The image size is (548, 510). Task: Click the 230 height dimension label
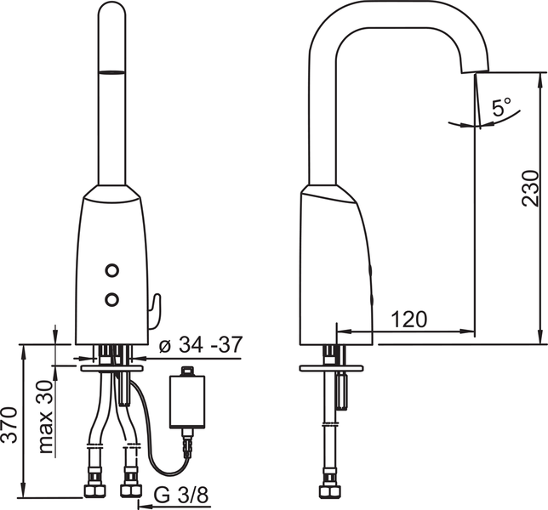coord(530,188)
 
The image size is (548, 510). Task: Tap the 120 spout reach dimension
coord(408,319)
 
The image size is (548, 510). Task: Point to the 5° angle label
coord(501,107)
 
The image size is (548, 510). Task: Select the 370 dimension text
coord(9,425)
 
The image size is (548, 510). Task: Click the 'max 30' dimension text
coord(46,416)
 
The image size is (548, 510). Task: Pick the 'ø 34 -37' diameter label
coord(200,345)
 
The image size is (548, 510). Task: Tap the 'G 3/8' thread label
coord(181,495)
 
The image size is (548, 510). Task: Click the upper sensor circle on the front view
coord(111,270)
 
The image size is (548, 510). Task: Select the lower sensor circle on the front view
coord(111,299)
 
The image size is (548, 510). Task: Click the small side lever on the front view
coord(155,311)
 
